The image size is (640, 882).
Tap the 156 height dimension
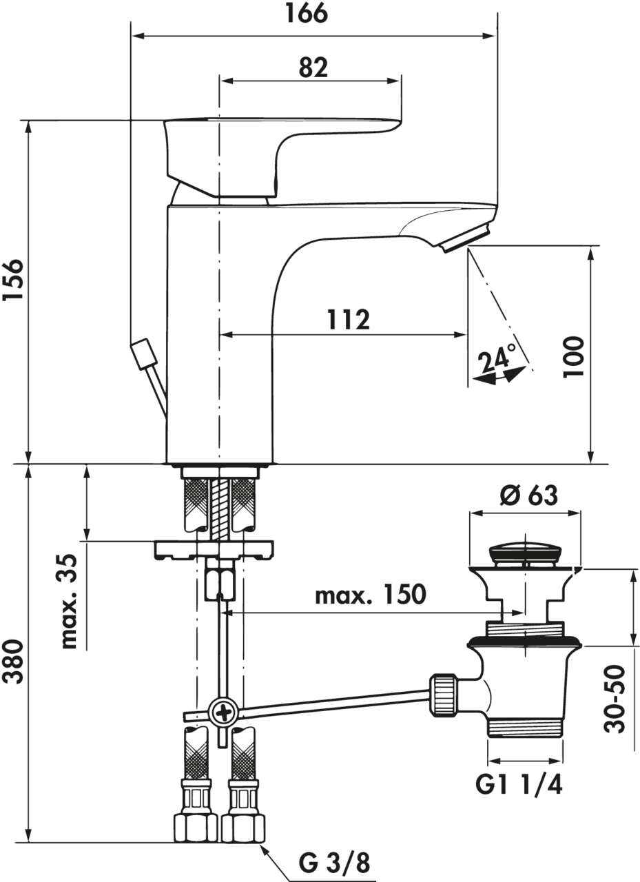(x=13, y=280)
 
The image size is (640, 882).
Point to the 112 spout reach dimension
(x=347, y=320)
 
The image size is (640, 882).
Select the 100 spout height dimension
(x=573, y=356)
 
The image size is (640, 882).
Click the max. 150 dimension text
(x=371, y=595)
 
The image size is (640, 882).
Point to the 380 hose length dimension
(x=13, y=661)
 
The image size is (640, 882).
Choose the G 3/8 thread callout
(x=334, y=861)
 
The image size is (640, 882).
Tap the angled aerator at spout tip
(x=465, y=238)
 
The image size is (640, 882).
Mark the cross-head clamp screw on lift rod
(x=224, y=711)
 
